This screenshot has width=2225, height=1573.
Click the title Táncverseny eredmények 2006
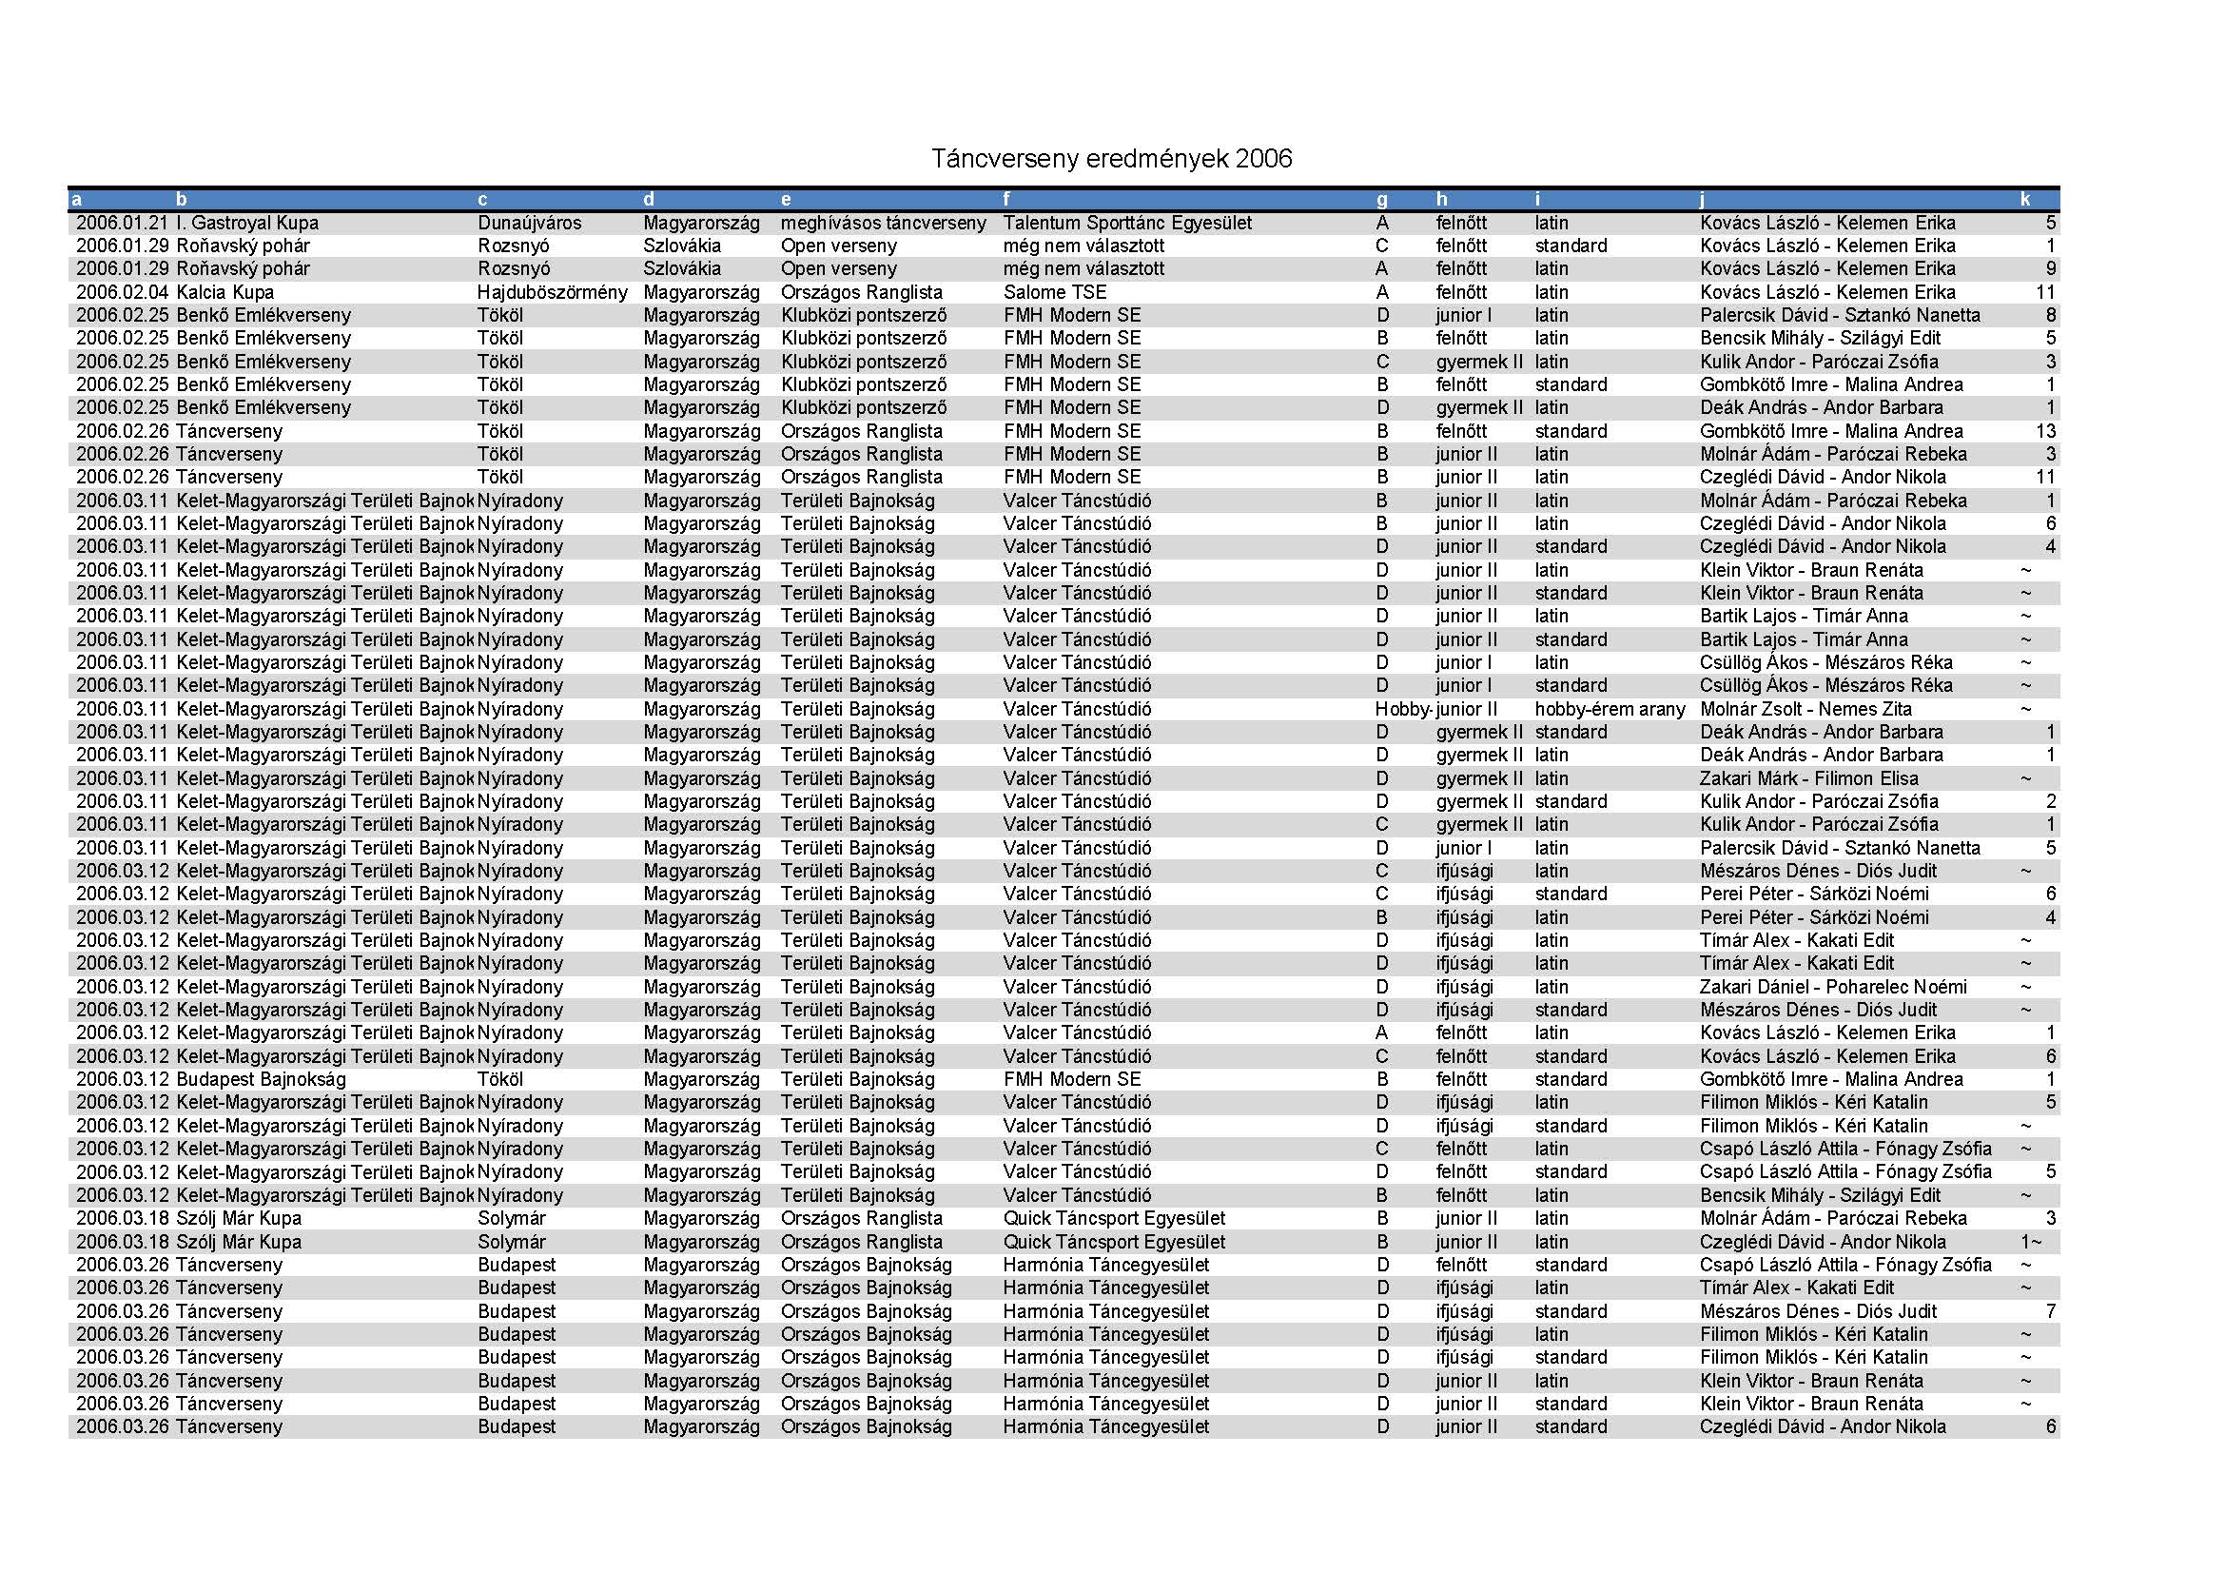pyautogui.click(x=1111, y=159)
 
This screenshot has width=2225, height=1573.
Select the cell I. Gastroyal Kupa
pyautogui.click(x=247, y=223)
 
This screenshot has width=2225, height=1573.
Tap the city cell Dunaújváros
pyautogui.click(x=529, y=223)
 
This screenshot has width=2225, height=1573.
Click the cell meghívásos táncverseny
pyautogui.click(x=883, y=223)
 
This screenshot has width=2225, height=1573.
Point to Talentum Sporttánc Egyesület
pyautogui.click(x=1127, y=223)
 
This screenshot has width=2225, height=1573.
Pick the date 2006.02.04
pyautogui.click(x=122, y=293)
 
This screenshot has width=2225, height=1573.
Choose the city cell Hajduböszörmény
pyautogui.click(x=552, y=293)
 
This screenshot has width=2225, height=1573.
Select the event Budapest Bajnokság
pyautogui.click(x=261, y=1080)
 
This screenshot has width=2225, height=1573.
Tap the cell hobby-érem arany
pyautogui.click(x=1610, y=710)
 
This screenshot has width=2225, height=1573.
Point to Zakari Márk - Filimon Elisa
pyautogui.click(x=1808, y=778)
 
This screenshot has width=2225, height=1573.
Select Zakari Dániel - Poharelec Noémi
pyautogui.click(x=1832, y=987)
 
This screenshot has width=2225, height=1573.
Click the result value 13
pyautogui.click(x=2045, y=431)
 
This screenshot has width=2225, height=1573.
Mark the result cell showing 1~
pyautogui.click(x=2031, y=1242)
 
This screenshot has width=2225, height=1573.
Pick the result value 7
pyautogui.click(x=2051, y=1311)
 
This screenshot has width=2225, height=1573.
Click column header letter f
pyautogui.click(x=1007, y=200)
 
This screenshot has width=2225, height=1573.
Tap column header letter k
pyautogui.click(x=2025, y=200)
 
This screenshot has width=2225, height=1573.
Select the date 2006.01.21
pyautogui.click(x=122, y=223)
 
